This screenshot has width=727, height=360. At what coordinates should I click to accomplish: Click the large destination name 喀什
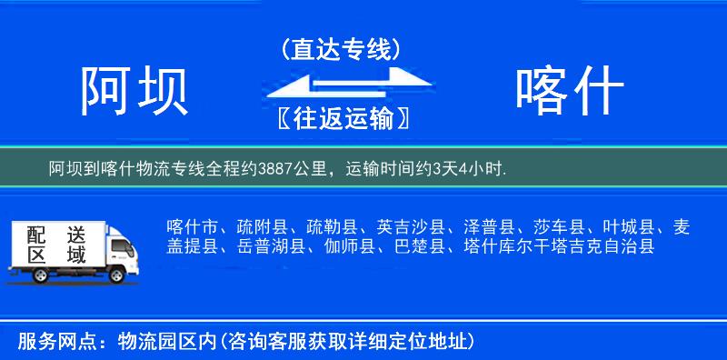click(x=569, y=91)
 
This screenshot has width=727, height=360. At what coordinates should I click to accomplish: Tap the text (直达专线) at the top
click(x=341, y=50)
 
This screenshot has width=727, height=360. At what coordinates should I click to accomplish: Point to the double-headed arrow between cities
click(x=341, y=85)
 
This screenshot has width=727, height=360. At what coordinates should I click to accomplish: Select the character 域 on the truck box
click(x=76, y=255)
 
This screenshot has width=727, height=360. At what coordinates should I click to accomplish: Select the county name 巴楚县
click(x=424, y=245)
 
